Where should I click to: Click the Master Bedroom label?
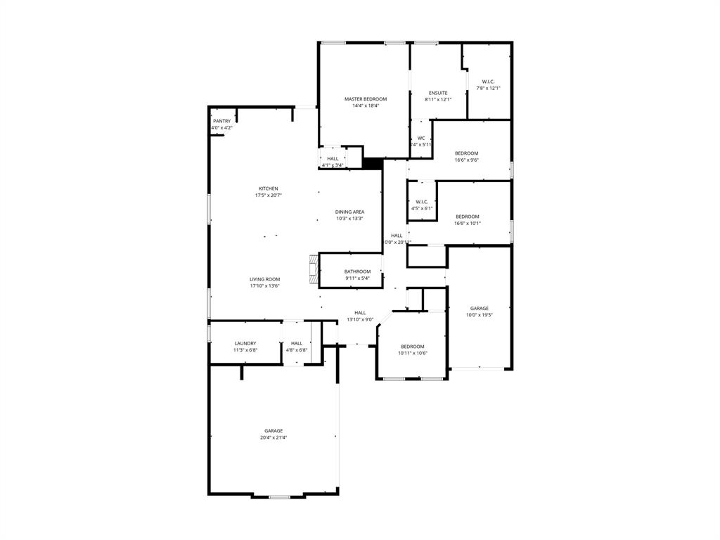(x=365, y=99)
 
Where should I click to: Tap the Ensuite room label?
(x=438, y=93)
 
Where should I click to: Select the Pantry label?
(x=221, y=121)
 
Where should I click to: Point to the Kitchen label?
(x=269, y=188)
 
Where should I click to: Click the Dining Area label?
(x=349, y=212)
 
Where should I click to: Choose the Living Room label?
(x=264, y=279)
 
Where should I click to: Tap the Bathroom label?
(x=357, y=271)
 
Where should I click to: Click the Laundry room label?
(x=245, y=343)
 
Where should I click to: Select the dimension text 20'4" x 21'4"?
(x=274, y=437)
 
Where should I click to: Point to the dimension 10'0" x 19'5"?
(x=480, y=315)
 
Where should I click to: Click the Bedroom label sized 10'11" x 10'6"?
(x=413, y=346)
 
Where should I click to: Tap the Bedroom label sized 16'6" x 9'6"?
(x=467, y=153)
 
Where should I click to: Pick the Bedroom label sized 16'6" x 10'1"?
(x=467, y=217)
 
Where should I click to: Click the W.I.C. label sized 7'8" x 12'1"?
(x=489, y=82)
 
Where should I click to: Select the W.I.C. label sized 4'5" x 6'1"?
(x=422, y=202)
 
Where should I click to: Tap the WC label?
(x=421, y=138)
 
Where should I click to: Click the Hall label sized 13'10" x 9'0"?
(x=360, y=313)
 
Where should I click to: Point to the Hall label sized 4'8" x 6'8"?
(x=297, y=343)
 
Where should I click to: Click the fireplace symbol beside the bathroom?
(x=313, y=270)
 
